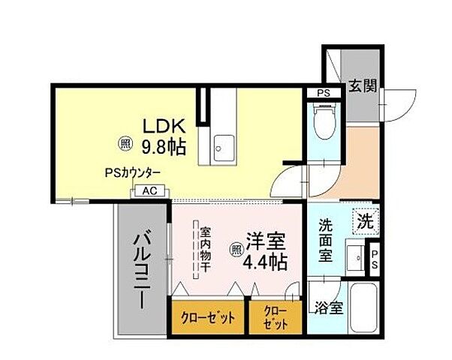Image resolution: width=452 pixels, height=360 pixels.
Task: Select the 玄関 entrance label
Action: (x=362, y=86)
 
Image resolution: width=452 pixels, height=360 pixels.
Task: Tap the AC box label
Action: (x=149, y=192)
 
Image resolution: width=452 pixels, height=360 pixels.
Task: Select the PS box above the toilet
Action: (x=323, y=93)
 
